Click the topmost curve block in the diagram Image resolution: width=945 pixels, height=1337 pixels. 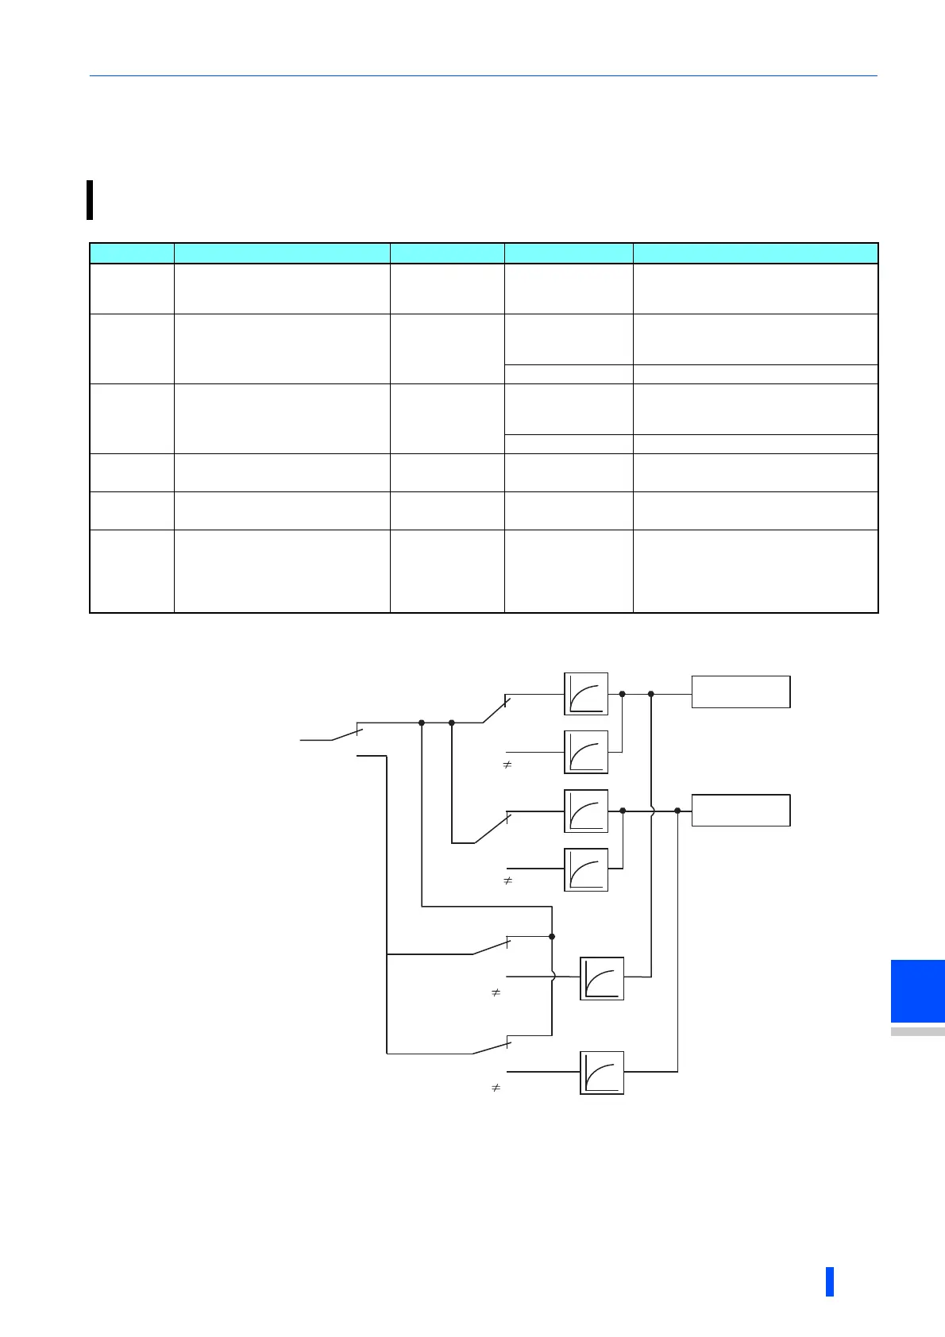point(586,694)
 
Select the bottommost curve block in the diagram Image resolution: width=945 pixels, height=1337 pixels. point(602,1073)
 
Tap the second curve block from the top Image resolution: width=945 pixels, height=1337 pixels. point(586,752)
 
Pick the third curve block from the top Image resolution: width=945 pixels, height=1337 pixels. point(586,811)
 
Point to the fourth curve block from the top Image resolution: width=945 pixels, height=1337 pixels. point(586,869)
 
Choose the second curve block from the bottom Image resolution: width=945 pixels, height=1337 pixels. point(602,978)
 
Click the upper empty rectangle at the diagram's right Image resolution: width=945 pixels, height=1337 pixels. point(740,692)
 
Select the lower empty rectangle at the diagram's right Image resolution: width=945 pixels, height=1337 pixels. point(740,810)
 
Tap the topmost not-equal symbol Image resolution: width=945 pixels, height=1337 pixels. point(507,765)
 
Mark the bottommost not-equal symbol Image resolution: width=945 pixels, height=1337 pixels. point(496,1088)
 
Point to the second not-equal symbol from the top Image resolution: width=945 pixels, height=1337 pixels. point(507,881)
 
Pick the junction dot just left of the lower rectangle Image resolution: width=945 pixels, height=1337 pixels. point(677,811)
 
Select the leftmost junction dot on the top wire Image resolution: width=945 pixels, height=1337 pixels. point(422,722)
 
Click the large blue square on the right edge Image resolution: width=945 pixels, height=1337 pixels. point(917,991)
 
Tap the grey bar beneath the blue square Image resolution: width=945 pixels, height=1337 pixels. point(917,1032)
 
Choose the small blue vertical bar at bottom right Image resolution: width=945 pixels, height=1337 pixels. point(830,1281)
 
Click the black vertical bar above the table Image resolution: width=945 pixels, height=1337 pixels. point(90,199)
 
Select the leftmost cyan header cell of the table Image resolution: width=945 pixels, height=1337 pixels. point(132,253)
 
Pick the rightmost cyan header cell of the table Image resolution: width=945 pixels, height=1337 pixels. point(755,253)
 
